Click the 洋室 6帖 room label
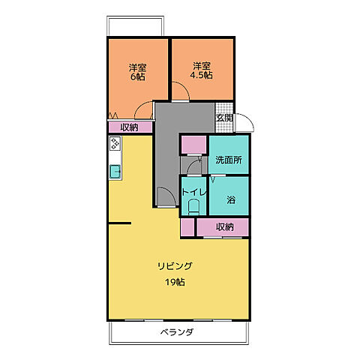pos(136,72)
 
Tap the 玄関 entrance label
pos(224,118)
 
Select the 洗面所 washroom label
pos(228,160)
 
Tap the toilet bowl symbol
pos(194,207)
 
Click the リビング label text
pos(175,266)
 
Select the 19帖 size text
pos(175,282)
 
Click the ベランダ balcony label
pos(177,332)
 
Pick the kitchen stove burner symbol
pos(115,147)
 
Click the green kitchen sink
pos(115,172)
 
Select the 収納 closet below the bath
pos(223,226)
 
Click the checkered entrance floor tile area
pos(223,107)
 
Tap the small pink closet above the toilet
pos(193,145)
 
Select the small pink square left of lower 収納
pos(187,226)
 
